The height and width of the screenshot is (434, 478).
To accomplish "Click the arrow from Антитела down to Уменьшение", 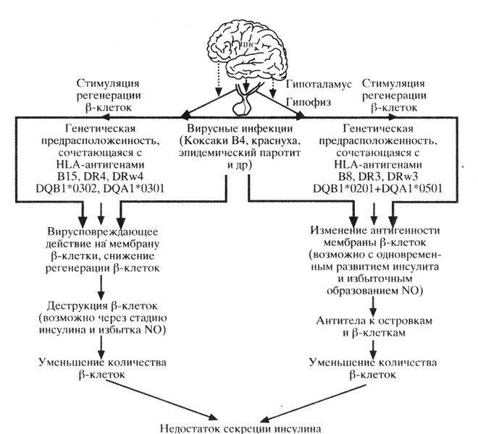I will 374,346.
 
